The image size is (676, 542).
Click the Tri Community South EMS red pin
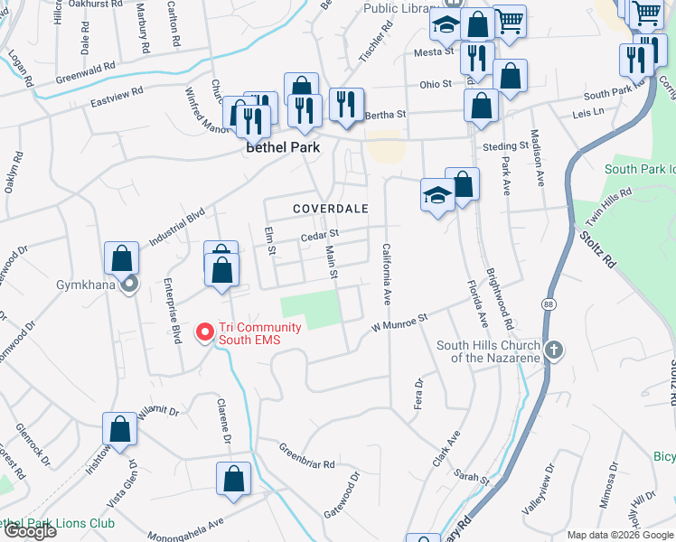coord(205,332)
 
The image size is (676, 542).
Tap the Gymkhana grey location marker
coord(129,285)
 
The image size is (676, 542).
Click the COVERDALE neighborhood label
coord(331,209)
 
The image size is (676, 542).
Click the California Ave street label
coord(387,274)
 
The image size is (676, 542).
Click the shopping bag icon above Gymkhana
coord(121,259)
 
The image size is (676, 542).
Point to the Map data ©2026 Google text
coord(620,535)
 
